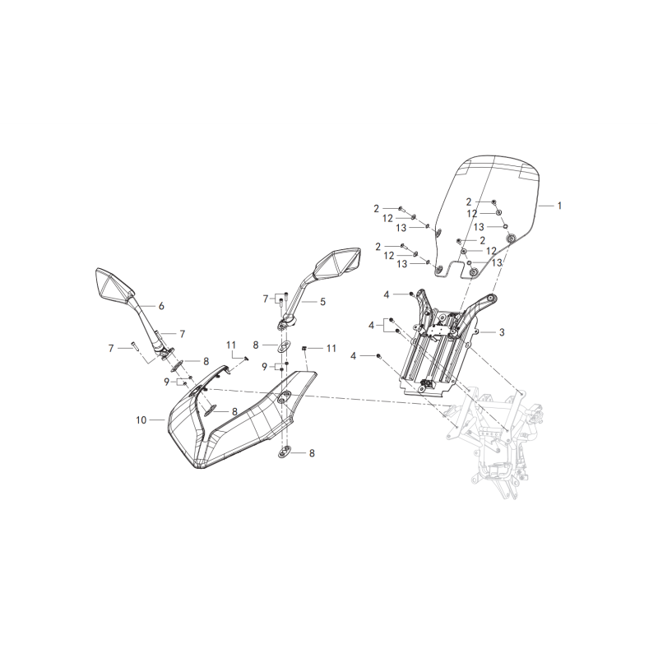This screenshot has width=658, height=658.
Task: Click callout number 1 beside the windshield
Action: click(x=559, y=206)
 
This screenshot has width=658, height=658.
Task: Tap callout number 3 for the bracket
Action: click(x=502, y=332)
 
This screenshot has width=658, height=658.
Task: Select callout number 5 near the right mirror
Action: click(x=322, y=302)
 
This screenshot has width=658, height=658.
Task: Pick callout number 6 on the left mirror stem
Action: click(x=161, y=306)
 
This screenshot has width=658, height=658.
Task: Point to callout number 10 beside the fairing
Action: click(x=141, y=419)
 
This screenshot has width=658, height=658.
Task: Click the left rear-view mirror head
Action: click(x=114, y=284)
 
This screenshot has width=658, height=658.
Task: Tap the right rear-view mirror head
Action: click(x=338, y=263)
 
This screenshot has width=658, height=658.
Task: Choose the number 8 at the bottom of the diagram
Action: click(x=312, y=453)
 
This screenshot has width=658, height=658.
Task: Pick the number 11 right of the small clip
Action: click(x=331, y=348)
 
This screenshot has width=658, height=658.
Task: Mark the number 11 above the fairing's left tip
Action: click(x=231, y=345)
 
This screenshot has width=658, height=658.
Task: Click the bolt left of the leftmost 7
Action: click(x=133, y=345)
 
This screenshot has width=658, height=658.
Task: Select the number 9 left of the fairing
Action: click(x=167, y=382)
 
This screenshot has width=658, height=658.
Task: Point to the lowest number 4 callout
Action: click(x=354, y=356)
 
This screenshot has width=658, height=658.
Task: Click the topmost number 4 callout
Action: click(x=387, y=294)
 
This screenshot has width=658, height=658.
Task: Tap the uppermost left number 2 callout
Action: click(x=377, y=209)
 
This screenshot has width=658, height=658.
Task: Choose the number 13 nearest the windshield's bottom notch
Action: click(x=497, y=262)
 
